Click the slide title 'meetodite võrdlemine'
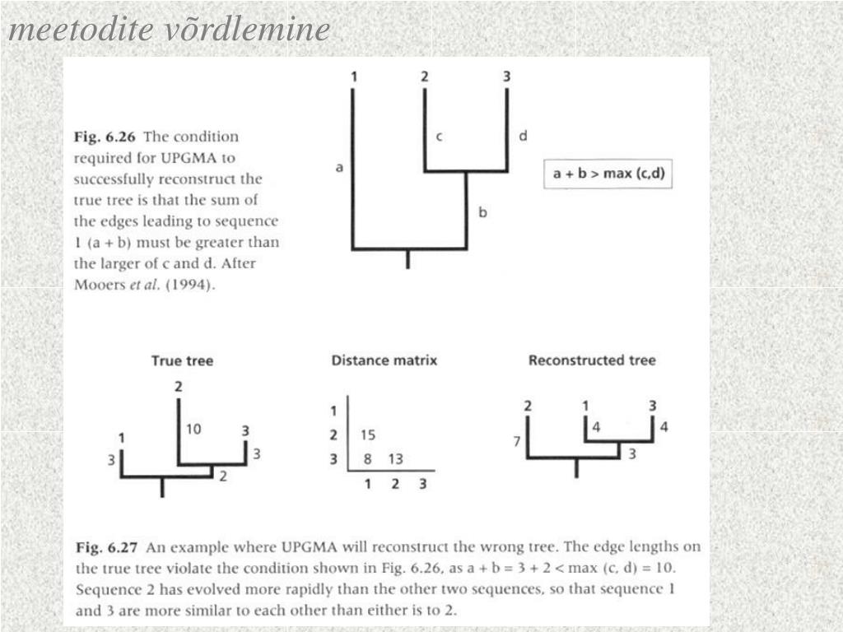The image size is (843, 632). click(x=169, y=30)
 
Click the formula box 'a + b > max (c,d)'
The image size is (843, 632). click(x=608, y=174)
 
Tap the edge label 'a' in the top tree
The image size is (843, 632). click(x=339, y=168)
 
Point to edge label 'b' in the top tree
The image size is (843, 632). click(x=483, y=212)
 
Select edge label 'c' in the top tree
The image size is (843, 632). click(x=439, y=137)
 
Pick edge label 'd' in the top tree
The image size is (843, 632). click(x=523, y=136)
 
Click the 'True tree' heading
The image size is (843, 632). click(x=182, y=360)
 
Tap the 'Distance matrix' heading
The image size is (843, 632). click(x=384, y=360)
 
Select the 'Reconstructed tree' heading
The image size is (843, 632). click(x=592, y=360)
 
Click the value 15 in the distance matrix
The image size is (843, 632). click(x=368, y=434)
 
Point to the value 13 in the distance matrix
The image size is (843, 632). click(x=396, y=459)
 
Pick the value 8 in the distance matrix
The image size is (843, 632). click(x=369, y=459)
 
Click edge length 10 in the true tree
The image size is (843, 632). click(x=193, y=429)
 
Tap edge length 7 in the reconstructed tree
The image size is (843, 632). click(x=517, y=442)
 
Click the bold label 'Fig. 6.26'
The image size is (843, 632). click(x=105, y=137)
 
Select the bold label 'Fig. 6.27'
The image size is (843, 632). click(x=106, y=547)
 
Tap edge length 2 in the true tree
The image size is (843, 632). click(x=222, y=476)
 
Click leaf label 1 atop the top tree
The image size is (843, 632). click(x=353, y=77)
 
